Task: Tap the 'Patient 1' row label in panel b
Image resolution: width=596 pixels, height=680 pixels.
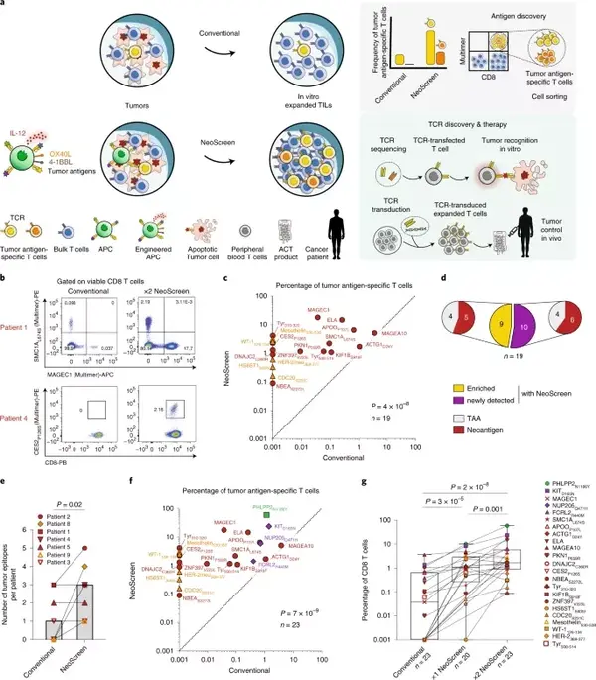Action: coord(20,341)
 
